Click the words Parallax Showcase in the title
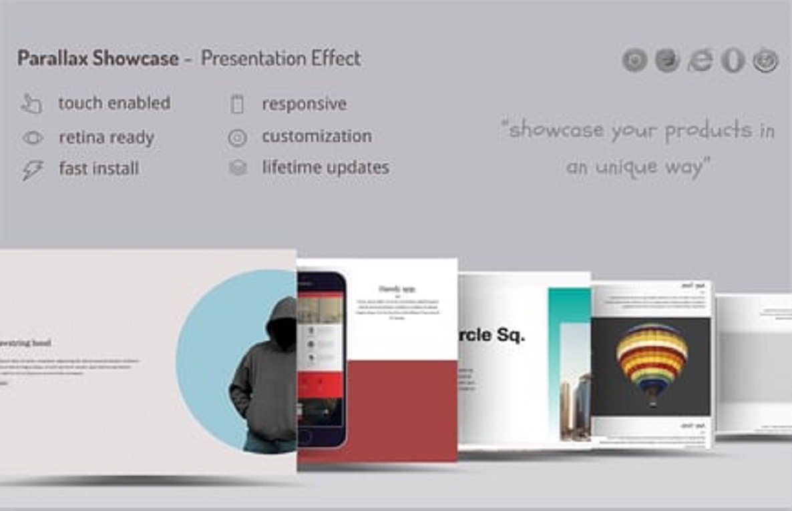pos(97,59)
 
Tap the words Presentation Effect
pos(280,59)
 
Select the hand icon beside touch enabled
pos(31,104)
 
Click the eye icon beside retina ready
pos(32,138)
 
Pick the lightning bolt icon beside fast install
pos(31,170)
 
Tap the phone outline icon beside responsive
pos(236,105)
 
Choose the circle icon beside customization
pos(236,138)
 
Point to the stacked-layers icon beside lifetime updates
pos(237,168)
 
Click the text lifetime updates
pos(325,167)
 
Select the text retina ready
pos(106,137)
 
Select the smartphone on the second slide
pos(321,357)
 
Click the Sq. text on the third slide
pos(510,336)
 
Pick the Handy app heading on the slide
pos(397,289)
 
